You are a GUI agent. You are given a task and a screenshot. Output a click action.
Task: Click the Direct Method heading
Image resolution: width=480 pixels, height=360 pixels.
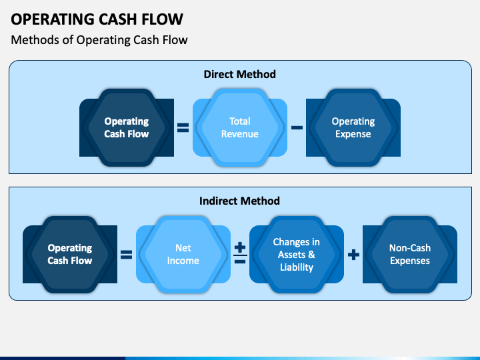240,75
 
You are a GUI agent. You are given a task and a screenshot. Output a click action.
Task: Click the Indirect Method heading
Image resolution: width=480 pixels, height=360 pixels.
239,201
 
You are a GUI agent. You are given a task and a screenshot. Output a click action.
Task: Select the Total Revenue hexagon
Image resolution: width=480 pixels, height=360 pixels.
240,127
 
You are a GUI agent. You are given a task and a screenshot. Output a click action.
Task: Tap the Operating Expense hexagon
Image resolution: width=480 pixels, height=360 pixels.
353,127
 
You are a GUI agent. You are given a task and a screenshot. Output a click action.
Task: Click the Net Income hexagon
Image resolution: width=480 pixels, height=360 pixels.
183,255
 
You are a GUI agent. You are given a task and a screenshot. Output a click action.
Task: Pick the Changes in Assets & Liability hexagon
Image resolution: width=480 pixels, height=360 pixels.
296,255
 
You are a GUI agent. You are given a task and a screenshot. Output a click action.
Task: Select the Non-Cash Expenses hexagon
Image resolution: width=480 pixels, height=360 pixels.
410,255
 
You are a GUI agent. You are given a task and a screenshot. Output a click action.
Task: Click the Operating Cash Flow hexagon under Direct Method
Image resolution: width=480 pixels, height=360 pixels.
127,127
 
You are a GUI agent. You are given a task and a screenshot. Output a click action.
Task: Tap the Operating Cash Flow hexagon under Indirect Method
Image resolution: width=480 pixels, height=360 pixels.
70,255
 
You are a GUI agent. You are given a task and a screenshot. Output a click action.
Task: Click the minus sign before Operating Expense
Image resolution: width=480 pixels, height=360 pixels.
297,127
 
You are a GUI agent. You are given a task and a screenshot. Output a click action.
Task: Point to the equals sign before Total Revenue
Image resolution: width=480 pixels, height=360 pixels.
183,127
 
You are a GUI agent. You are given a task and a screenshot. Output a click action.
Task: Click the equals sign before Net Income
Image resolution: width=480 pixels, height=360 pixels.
127,255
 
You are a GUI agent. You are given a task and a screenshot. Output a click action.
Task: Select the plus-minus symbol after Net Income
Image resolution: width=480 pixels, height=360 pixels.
240,253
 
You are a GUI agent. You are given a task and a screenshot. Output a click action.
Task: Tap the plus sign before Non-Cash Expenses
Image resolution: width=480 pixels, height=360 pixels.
353,255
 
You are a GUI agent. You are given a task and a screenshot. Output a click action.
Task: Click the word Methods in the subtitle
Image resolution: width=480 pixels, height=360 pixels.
35,40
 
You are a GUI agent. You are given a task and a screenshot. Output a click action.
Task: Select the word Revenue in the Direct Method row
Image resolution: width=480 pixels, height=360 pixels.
240,134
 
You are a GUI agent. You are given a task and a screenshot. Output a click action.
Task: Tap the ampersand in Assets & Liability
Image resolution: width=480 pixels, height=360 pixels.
311,255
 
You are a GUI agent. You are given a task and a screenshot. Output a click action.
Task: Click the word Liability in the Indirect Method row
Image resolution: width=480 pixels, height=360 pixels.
297,267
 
